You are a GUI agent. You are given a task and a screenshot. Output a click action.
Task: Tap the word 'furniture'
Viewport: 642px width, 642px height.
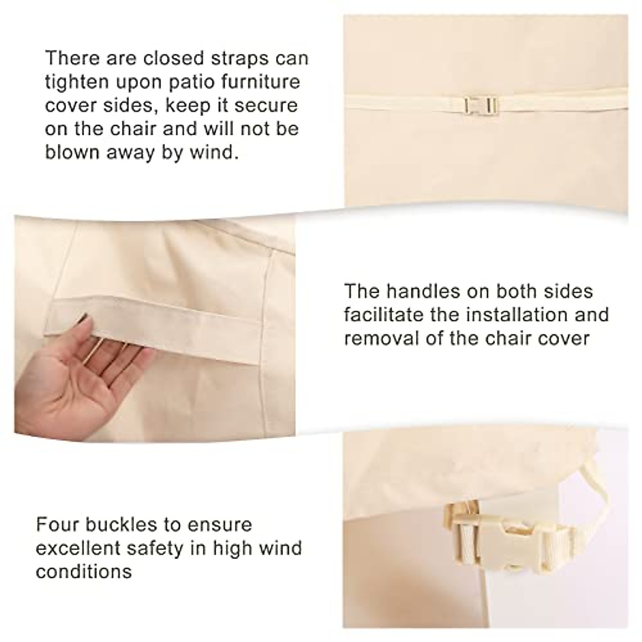267,82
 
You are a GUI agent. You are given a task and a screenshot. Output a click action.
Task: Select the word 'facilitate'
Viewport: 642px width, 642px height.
384,315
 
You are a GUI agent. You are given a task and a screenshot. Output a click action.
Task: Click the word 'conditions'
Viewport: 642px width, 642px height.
83,571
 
